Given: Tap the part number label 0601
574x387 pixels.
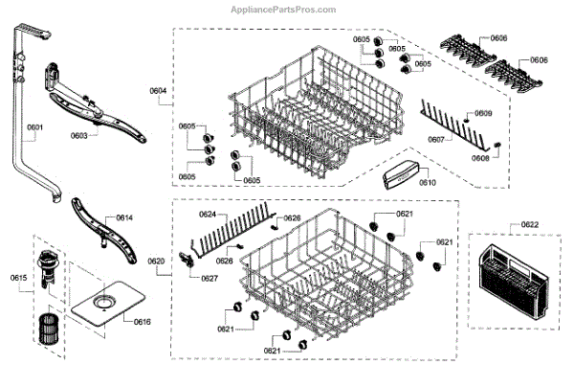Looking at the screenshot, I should coord(35,127).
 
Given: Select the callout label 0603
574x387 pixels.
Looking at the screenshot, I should coord(79,136).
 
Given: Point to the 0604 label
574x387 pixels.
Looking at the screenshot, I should coord(158,91).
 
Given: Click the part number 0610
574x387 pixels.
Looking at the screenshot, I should coord(427,181).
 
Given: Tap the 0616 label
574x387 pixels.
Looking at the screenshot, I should coord(141,323).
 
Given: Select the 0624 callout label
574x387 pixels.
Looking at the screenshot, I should coord(208,215).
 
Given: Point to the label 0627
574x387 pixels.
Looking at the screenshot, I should coord(209,279).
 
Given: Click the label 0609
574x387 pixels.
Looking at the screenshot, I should coord(484,114).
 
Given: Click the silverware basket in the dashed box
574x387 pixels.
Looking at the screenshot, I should coord(514,284).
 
